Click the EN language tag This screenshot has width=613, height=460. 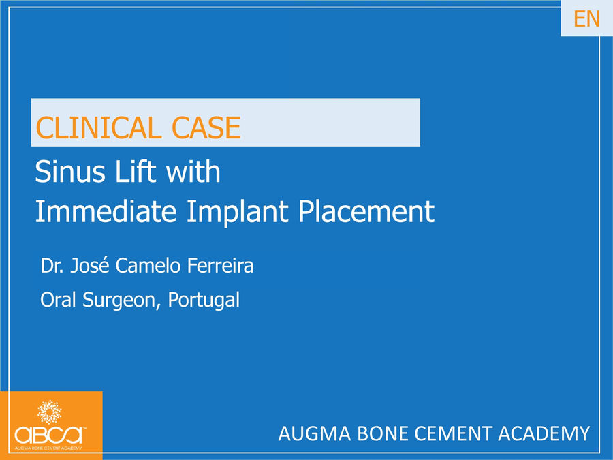pos(586,19)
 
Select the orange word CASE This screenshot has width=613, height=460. pos(206,128)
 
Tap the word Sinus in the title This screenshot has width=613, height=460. pos(70,171)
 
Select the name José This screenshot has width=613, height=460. pos(89,265)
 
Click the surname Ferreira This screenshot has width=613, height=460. pos(220,265)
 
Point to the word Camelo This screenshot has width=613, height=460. pos(148,265)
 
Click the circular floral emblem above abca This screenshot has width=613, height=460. pos(49,412)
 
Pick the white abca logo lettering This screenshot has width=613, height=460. pos(49,435)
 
